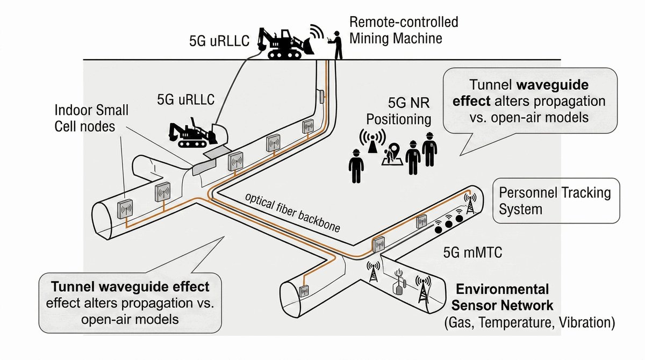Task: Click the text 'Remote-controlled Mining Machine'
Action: [x=403, y=30]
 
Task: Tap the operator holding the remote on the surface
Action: [x=338, y=45]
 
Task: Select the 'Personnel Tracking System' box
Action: [x=555, y=200]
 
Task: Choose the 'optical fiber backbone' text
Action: [x=292, y=212]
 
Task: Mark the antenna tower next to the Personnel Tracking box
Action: [x=470, y=202]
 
